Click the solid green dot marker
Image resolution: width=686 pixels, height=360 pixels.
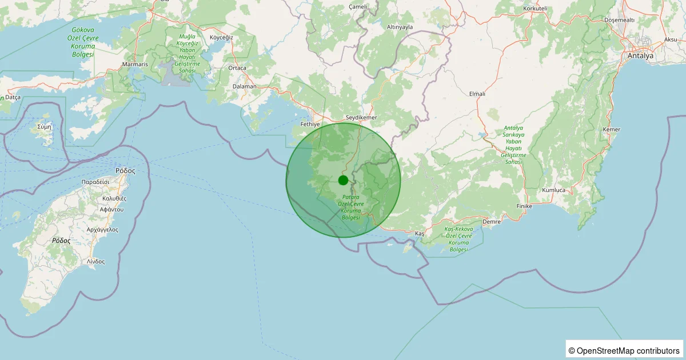pyautogui.click(x=343, y=180)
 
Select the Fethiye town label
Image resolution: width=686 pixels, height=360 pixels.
pyautogui.click(x=309, y=123)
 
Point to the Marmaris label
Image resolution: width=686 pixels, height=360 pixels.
pyautogui.click(x=135, y=65)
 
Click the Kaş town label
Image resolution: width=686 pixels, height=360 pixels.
pyautogui.click(x=420, y=234)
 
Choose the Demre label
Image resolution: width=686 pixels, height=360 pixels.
pyautogui.click(x=492, y=221)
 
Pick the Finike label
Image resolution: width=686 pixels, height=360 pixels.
pyautogui.click(x=524, y=206)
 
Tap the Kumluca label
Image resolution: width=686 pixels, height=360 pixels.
pyautogui.click(x=554, y=190)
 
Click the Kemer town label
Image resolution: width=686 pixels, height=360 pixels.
pyautogui.click(x=611, y=130)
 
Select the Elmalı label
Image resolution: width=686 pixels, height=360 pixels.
pyautogui.click(x=477, y=93)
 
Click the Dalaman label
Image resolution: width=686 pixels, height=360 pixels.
pyautogui.click(x=245, y=87)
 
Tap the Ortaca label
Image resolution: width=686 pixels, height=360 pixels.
pyautogui.click(x=237, y=68)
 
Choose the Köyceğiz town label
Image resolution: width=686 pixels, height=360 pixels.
pyautogui.click(x=222, y=37)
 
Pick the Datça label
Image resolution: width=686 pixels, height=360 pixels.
pyautogui.click(x=13, y=97)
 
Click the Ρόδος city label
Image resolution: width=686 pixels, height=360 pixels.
pyautogui.click(x=125, y=170)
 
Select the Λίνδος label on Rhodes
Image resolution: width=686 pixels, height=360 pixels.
pyautogui.click(x=96, y=261)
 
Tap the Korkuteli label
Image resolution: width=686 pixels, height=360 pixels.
pyautogui.click(x=535, y=9)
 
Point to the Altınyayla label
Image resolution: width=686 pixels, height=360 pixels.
pyautogui.click(x=400, y=27)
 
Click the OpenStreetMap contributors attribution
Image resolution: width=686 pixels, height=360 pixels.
pyautogui.click(x=625, y=350)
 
